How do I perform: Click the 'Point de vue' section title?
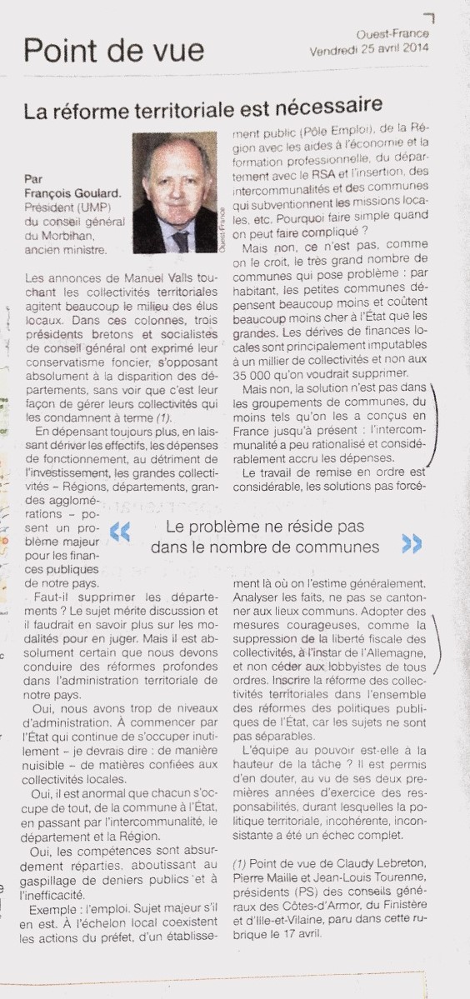tap(113, 51)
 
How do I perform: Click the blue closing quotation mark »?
tap(412, 543)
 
